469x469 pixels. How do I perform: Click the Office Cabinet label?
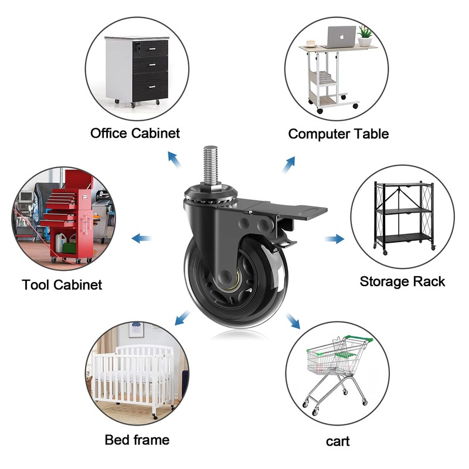(135, 133)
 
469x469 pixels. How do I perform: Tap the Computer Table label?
(338, 134)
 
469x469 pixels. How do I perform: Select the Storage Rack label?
(402, 281)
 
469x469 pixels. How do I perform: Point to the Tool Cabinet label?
(62, 285)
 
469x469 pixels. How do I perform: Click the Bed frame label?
(137, 440)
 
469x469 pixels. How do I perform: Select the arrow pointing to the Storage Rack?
(334, 239)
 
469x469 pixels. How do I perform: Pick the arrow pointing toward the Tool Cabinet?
(140, 238)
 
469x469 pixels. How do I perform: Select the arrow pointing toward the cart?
(293, 320)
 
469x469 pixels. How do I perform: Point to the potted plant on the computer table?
(366, 36)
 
